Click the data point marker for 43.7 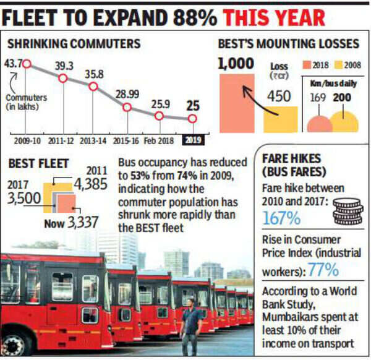pyautogui.click(x=27, y=63)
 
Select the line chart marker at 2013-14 pyautogui.click(x=93, y=87)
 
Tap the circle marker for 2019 pyautogui.click(x=192, y=119)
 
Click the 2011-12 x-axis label pyautogui.click(x=62, y=140)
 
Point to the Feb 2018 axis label pyautogui.click(x=159, y=140)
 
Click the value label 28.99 pyautogui.click(x=127, y=93)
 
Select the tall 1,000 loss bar pyautogui.click(x=237, y=103)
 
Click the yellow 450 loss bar pyautogui.click(x=280, y=118)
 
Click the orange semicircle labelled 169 pyautogui.click(x=320, y=124)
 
